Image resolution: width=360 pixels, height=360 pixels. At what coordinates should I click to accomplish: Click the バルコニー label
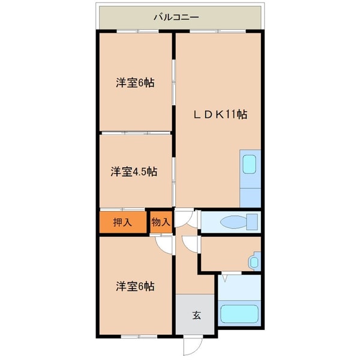pyautogui.click(x=176, y=17)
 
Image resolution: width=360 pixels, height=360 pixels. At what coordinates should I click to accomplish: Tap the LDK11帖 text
pyautogui.click(x=220, y=113)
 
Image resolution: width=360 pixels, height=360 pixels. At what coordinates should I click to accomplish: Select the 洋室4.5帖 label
pyautogui.click(x=134, y=172)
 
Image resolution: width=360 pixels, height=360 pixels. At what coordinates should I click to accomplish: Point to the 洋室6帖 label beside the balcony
pyautogui.click(x=135, y=83)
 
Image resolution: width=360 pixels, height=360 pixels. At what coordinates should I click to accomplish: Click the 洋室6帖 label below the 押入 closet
pyautogui.click(x=135, y=286)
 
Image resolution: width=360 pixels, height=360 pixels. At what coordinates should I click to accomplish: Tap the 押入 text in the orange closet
pyautogui.click(x=122, y=222)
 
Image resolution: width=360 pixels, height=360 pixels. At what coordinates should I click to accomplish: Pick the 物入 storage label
pyautogui.click(x=161, y=222)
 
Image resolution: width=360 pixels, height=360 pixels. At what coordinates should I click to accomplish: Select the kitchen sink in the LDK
pyautogui.click(x=249, y=163)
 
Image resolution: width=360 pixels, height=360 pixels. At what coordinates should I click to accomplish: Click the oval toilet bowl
pyautogui.click(x=232, y=222)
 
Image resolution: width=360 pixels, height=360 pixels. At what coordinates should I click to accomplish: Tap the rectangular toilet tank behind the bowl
pyautogui.click(x=252, y=221)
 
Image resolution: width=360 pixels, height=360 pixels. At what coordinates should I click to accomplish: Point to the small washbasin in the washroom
pyautogui.click(x=254, y=262)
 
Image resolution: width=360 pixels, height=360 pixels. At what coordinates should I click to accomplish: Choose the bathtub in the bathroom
pyautogui.click(x=239, y=314)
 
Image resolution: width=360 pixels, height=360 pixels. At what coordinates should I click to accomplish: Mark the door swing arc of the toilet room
pyautogui.click(x=188, y=218)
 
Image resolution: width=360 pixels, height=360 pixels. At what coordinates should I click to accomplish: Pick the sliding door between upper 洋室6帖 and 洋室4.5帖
pyautogui.click(x=136, y=133)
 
